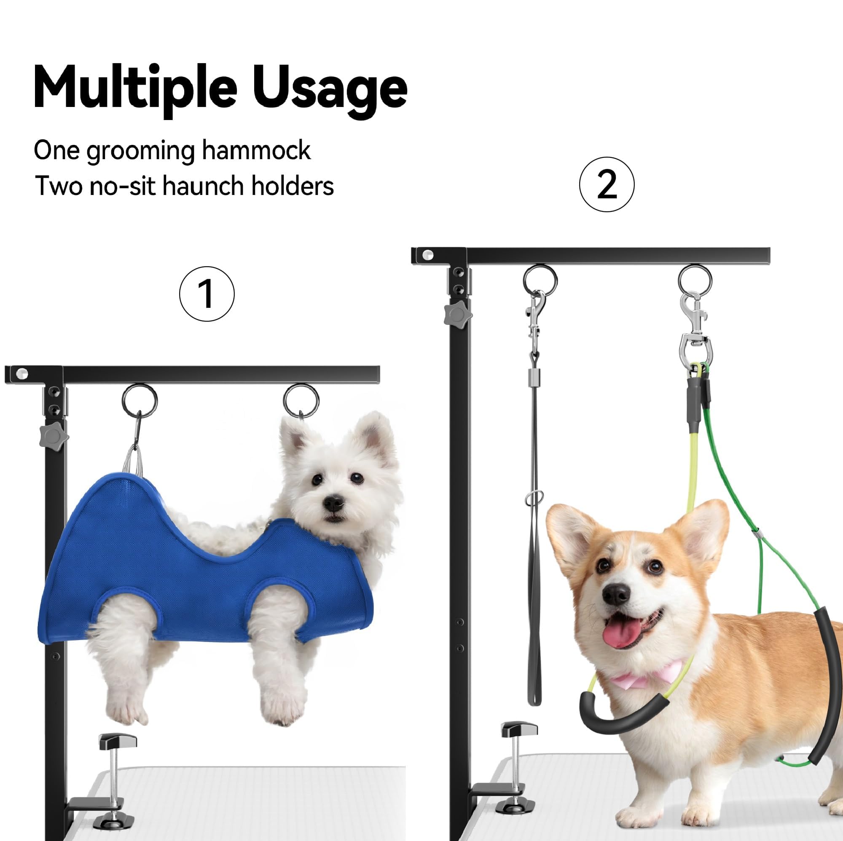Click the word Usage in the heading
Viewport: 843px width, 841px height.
coord(330,89)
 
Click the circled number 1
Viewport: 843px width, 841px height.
coord(207,294)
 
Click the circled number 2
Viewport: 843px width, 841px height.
coord(607,184)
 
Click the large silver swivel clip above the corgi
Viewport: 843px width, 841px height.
coord(694,331)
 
